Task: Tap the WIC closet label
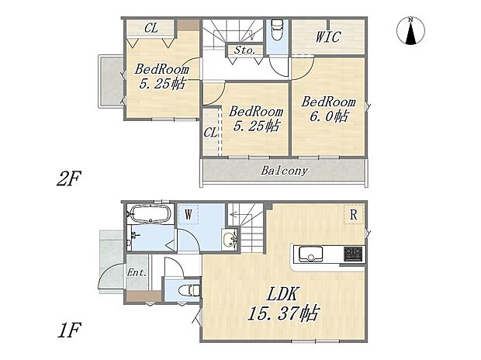pyautogui.click(x=329, y=36)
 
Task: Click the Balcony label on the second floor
pyautogui.click(x=284, y=171)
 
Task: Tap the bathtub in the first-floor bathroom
pyautogui.click(x=148, y=213)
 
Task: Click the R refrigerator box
pyautogui.click(x=354, y=213)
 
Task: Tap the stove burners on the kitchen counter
pyautogui.click(x=354, y=254)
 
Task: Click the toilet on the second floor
pyautogui.click(x=277, y=31)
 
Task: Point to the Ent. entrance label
pyautogui.click(x=137, y=272)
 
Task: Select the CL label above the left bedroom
pyautogui.click(x=151, y=27)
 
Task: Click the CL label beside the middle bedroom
pyautogui.click(x=210, y=133)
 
